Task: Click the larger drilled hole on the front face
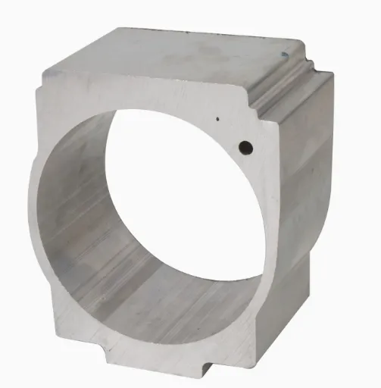(245, 145)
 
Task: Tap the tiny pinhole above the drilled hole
(218, 119)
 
